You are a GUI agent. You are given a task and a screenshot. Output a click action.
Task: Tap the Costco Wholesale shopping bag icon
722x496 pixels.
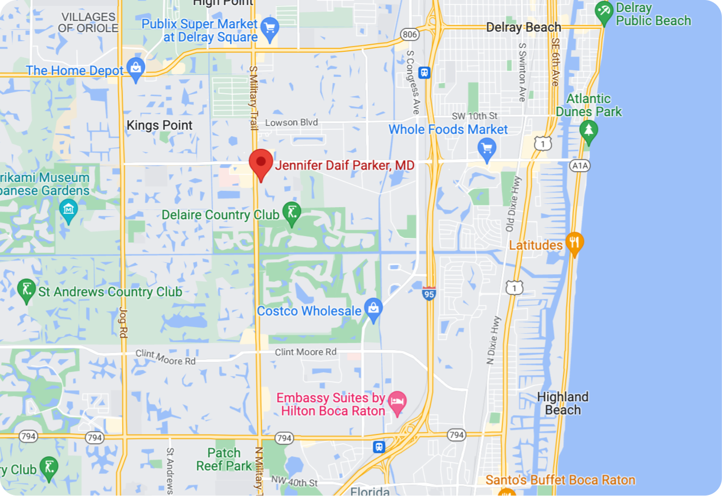[x=373, y=309]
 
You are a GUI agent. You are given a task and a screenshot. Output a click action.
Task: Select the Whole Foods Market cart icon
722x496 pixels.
[x=486, y=147]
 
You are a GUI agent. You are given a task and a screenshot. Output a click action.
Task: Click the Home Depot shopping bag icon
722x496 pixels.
[x=135, y=69]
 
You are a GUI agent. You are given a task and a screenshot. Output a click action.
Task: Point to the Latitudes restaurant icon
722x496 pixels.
[x=574, y=243]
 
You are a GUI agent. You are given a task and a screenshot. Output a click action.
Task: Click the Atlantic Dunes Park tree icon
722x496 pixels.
[x=588, y=131]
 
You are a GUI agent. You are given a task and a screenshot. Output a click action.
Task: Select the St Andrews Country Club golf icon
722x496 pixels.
[x=26, y=291]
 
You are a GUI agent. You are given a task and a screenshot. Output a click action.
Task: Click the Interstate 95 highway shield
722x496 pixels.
[x=429, y=293]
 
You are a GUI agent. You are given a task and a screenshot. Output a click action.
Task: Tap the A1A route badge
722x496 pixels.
[x=579, y=165]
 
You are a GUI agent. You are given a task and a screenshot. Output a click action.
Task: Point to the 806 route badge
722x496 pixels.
[x=409, y=35]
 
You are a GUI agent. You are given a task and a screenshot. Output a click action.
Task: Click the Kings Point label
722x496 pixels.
[x=159, y=125]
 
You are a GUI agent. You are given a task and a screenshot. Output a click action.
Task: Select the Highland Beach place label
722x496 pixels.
[x=563, y=403]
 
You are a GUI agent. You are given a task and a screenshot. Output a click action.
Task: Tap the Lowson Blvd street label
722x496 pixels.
[x=291, y=123]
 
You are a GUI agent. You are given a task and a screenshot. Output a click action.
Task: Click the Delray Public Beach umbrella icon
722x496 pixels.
[x=604, y=12]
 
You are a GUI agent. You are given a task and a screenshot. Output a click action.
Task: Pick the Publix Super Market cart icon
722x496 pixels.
[x=269, y=28]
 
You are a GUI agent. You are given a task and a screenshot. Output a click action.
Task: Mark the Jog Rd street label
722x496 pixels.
[x=123, y=322]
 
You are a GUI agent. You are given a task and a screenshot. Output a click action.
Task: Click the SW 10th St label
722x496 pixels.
[x=474, y=116]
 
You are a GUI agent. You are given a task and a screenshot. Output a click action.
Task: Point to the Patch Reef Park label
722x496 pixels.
[x=224, y=459]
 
